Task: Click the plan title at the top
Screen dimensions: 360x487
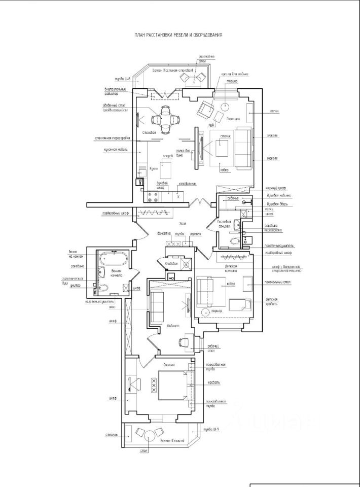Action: point(178,35)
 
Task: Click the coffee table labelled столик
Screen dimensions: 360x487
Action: point(222,148)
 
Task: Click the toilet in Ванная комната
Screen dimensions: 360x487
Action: point(103,289)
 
